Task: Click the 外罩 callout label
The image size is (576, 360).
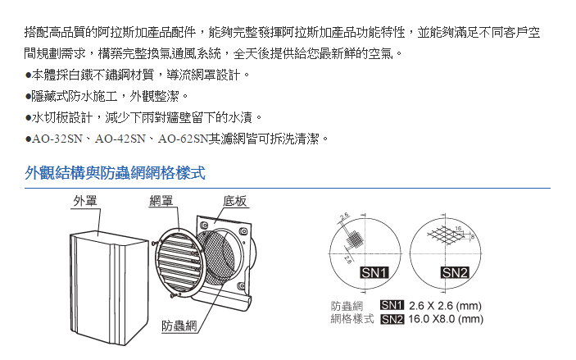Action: pos(86,200)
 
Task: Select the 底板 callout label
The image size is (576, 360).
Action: pos(236,202)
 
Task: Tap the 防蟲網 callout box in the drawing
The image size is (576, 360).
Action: pos(179,325)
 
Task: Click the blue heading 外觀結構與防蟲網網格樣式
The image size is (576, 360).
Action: pos(115,173)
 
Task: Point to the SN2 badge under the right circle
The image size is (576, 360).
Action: pos(453,272)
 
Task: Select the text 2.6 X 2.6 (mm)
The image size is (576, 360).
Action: pos(445,306)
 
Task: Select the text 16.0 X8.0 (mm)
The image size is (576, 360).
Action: pos(446,318)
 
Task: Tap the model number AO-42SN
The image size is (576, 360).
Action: pos(121,139)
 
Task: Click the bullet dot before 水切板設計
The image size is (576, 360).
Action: pos(29,118)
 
